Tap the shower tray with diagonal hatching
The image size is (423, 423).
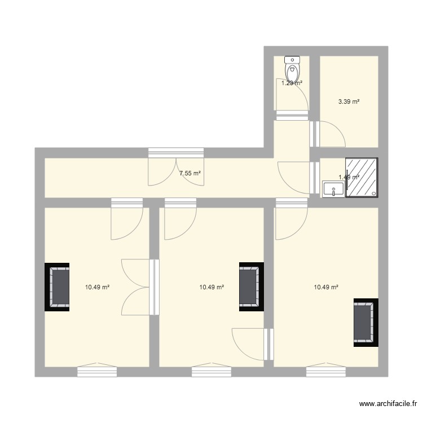coord(362,178)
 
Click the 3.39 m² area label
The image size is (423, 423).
coord(349,102)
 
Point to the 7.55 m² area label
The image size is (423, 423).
coord(190,174)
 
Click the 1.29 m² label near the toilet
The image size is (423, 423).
coord(292,83)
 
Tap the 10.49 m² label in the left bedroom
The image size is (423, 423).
coord(97,287)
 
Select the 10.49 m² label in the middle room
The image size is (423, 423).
coord(211,287)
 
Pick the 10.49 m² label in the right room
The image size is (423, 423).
coord(326,287)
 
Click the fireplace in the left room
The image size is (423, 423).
coord(57,287)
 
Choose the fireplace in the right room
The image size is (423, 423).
coord(365,323)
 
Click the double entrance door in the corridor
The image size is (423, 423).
coord(176,168)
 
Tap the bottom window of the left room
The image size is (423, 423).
coord(97,371)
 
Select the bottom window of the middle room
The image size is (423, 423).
coord(211,371)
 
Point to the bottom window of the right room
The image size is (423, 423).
coord(326,371)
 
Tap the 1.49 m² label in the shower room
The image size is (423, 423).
coord(349,177)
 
